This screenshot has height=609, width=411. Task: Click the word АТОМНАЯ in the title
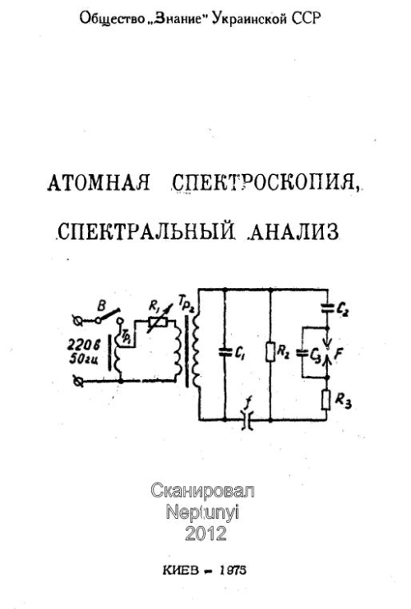99,182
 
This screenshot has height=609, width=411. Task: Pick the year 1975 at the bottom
233,570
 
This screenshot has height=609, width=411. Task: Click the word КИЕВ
181,570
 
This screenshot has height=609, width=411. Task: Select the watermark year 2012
205,533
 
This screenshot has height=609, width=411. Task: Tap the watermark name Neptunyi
202,513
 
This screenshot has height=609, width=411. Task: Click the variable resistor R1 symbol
159,321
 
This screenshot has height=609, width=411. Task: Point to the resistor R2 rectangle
270,352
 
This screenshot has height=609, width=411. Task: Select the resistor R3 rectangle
326,401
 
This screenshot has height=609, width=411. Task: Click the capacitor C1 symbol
225,352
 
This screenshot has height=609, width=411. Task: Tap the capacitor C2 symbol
326,309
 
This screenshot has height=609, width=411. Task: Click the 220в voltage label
84,345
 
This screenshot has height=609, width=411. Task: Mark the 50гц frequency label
84,359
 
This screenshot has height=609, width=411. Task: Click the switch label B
101,306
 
